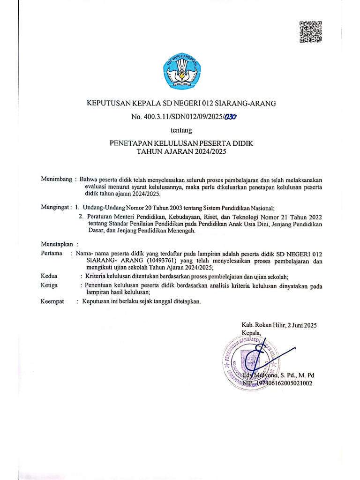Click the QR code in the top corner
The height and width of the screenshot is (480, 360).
310,32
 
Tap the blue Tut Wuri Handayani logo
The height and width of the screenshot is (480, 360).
180,71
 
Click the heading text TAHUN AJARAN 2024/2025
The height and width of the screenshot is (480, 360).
180,151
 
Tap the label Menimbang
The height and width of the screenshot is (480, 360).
56,179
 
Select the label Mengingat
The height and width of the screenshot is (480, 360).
55,207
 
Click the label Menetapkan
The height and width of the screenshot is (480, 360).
58,244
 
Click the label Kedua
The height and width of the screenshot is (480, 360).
49,277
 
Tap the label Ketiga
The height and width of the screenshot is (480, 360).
50,285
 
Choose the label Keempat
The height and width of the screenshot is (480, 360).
52,301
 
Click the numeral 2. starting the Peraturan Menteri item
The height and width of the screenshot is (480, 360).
82,217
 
